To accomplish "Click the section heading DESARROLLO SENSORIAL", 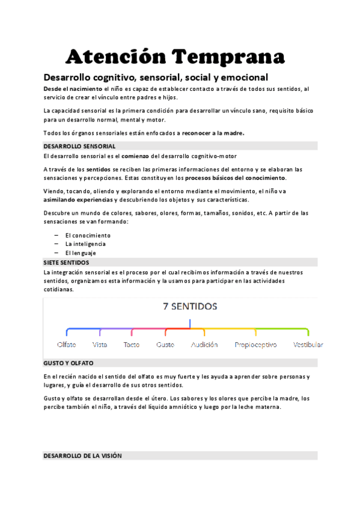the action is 79,146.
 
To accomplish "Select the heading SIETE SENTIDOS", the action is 66,263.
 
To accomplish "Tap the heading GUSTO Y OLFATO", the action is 68,364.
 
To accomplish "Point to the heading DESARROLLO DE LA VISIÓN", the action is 82,456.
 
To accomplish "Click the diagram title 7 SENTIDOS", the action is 190,306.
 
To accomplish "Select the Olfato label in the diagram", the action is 66,345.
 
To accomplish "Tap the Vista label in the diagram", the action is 100,345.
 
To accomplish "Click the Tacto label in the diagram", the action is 131,345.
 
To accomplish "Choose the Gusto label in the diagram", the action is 165,345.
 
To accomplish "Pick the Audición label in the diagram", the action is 204,345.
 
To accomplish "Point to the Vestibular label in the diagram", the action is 308,345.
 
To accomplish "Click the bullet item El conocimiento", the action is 88,235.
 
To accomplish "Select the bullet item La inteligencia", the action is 85,244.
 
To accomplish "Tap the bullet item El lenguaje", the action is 81,253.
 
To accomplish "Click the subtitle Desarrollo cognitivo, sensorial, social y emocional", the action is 156,77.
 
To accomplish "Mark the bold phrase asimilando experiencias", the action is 78,200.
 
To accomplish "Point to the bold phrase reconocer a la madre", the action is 213,133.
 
